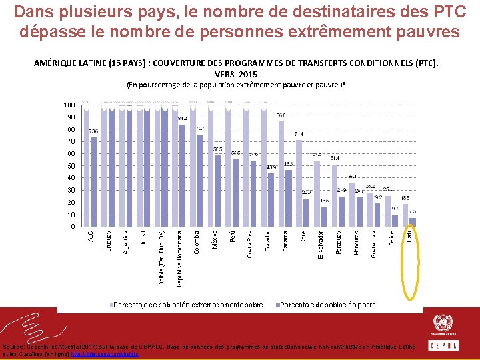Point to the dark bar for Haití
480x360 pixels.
[x=413, y=222]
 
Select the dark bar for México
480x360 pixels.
[x=218, y=191]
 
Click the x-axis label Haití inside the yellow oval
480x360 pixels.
[x=410, y=236]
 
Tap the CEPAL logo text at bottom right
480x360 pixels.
[x=443, y=345]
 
